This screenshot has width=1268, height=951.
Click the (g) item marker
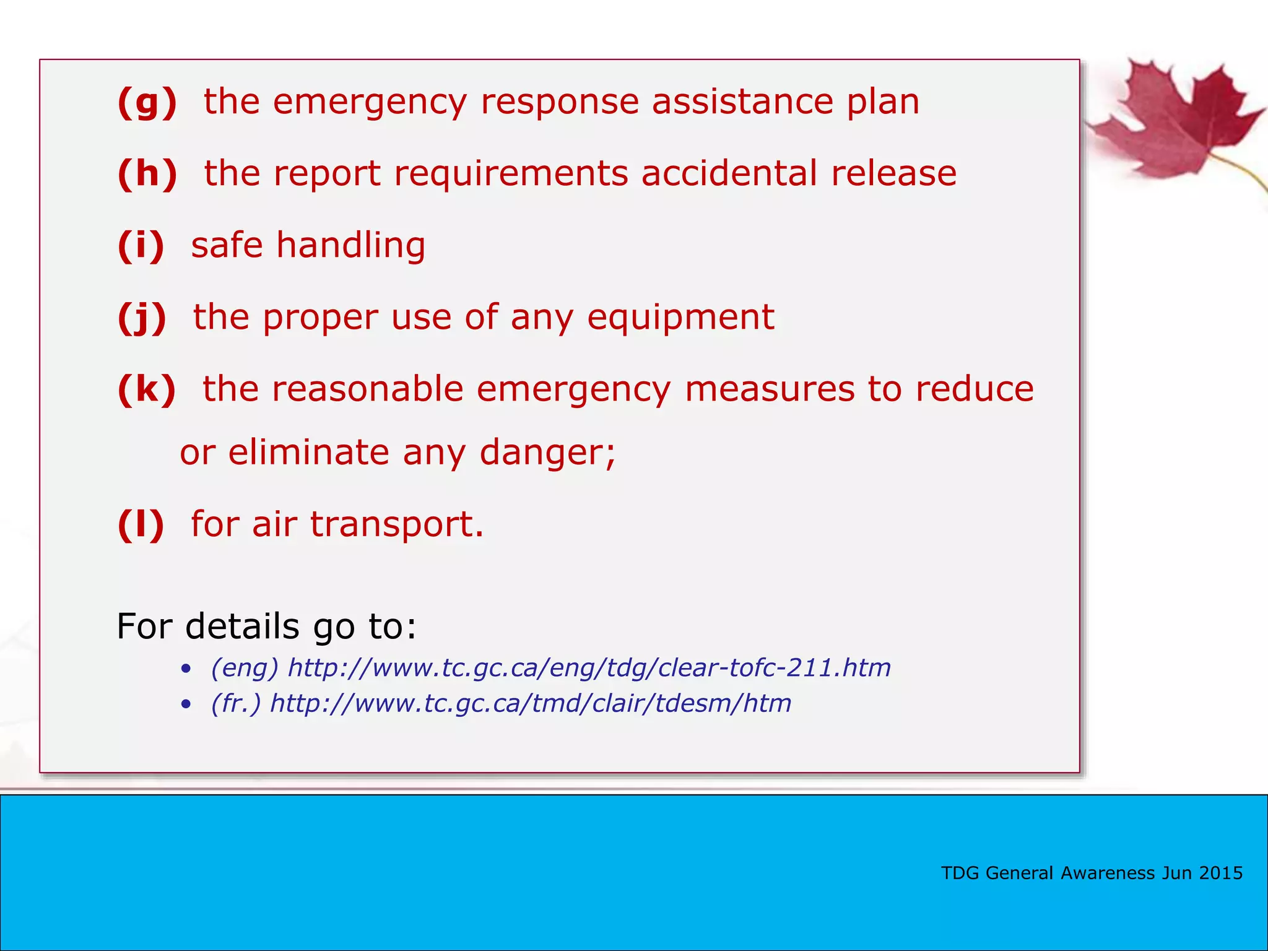click(147, 102)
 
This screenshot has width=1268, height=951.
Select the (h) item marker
click(147, 173)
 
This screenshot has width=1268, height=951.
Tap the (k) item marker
click(147, 389)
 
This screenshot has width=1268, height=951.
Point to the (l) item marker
click(141, 524)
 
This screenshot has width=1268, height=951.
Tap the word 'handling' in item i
click(350, 245)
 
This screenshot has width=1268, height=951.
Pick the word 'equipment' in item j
click(680, 317)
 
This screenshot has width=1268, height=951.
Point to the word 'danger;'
click(547, 452)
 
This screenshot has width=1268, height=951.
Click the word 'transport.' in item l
click(396, 524)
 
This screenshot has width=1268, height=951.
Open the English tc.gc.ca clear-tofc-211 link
click(589, 667)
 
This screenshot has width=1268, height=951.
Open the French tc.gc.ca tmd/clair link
click(531, 703)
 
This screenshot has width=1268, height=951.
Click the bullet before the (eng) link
click(186, 669)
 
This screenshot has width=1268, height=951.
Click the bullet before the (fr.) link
click(186, 705)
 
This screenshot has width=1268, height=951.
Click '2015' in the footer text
click(1220, 873)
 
